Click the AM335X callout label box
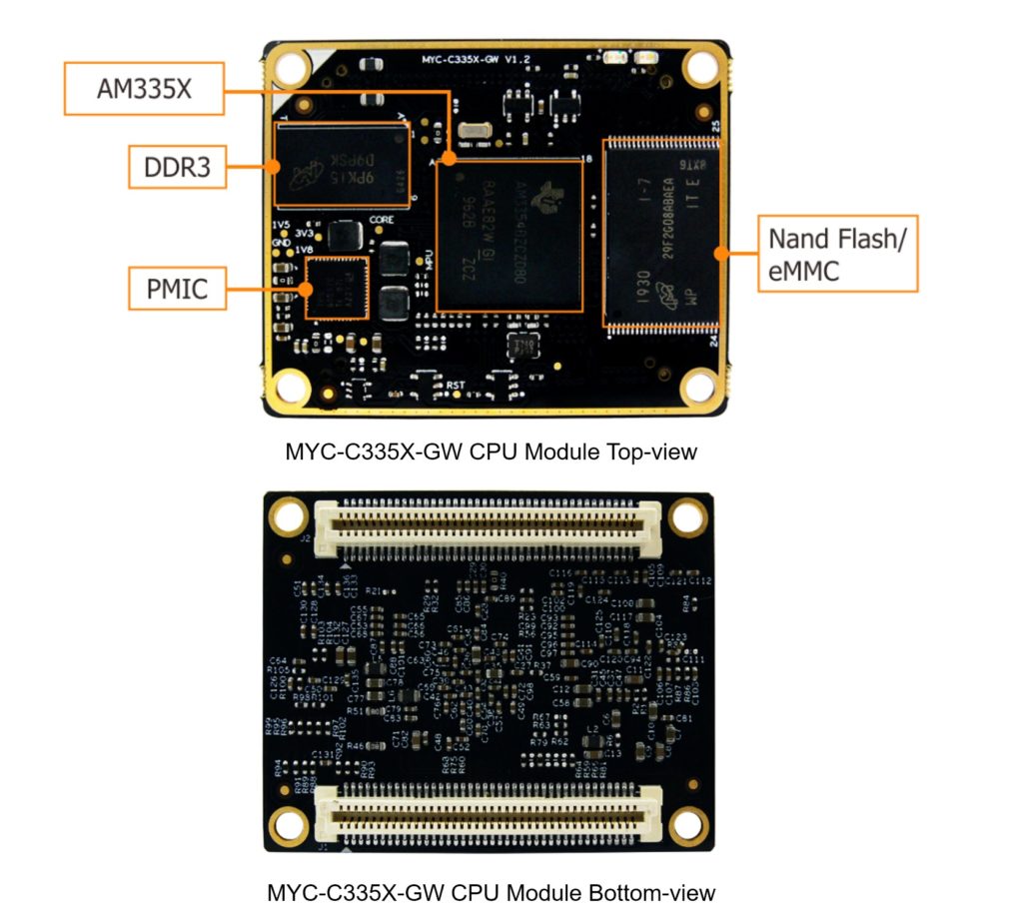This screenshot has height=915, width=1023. [144, 89]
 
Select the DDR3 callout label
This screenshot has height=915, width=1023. [177, 166]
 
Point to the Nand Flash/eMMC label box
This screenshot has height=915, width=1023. [837, 254]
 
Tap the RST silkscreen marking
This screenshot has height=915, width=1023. [457, 384]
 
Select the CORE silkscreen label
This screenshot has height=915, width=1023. [382, 219]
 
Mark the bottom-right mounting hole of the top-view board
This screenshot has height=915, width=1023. [700, 386]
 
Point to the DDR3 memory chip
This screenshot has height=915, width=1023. [342, 165]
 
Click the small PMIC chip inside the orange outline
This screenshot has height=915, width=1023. [336, 288]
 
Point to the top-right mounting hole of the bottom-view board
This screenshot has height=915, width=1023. [687, 517]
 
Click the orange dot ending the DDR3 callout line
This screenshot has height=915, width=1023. [276, 166]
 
